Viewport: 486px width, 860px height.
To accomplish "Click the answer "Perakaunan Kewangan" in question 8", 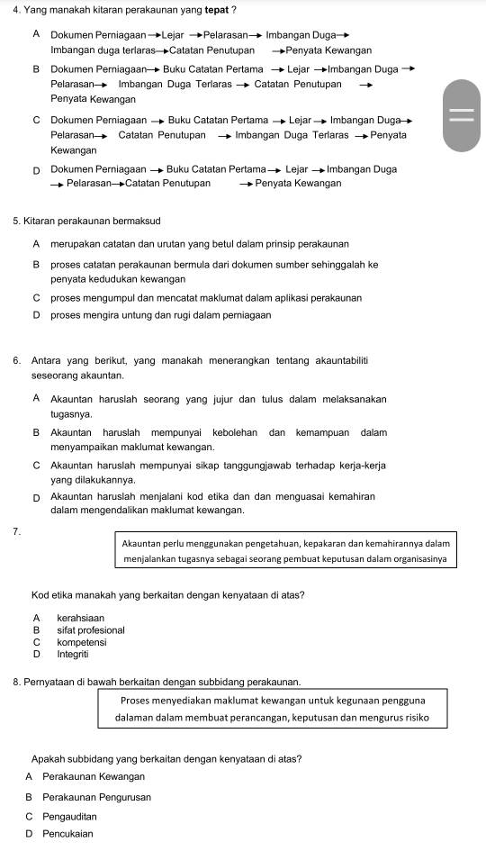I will coord(93,776).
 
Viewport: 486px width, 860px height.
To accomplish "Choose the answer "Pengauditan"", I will coord(69,816).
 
